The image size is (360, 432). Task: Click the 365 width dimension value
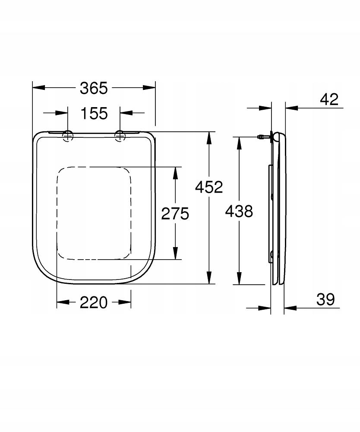(x=94, y=88)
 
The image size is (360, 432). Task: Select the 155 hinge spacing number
(x=94, y=113)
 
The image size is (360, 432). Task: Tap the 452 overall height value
(x=209, y=187)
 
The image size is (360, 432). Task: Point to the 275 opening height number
(x=175, y=213)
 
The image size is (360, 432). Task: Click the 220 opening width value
(x=94, y=302)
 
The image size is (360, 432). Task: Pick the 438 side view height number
(x=239, y=211)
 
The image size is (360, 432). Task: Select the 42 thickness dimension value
(x=329, y=99)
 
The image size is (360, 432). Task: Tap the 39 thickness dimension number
(x=325, y=299)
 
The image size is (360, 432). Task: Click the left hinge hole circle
(x=68, y=136)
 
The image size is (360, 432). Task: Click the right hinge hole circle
(x=120, y=136)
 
